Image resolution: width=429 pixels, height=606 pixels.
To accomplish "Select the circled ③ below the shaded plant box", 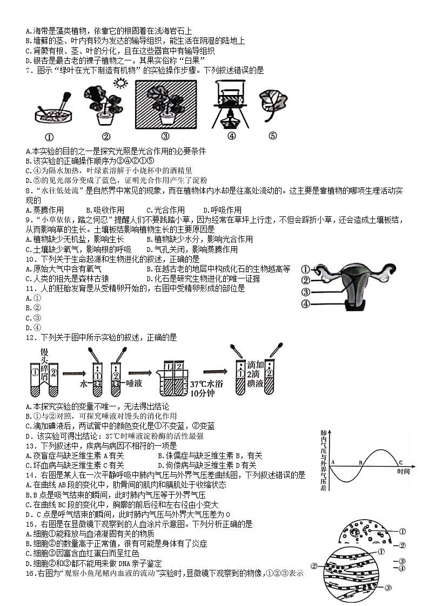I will (165, 137).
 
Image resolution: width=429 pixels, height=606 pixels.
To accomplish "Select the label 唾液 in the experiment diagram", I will (132, 385).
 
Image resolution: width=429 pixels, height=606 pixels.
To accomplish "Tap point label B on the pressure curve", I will (360, 462).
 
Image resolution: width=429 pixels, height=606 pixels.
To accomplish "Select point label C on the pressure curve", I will (400, 462).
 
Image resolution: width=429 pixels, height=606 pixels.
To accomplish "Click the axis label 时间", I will (403, 472).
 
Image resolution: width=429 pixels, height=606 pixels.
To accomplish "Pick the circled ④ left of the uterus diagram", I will (305, 304).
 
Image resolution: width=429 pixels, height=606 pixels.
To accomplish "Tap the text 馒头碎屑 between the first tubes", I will (45, 363).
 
